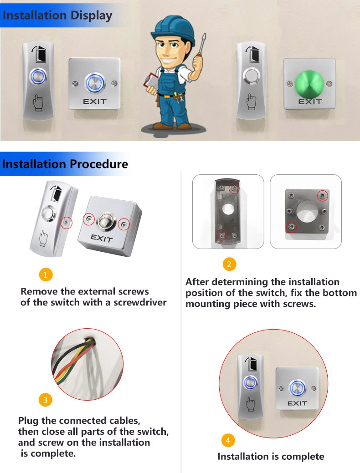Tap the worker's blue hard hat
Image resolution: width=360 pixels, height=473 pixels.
[x=173, y=29]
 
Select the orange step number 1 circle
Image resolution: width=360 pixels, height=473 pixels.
[x=46, y=275]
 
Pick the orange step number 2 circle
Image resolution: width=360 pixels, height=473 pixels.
[x=229, y=264]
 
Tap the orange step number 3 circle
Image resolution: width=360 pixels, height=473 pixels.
[x=45, y=400]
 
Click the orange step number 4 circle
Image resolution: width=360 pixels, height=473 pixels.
[x=228, y=440]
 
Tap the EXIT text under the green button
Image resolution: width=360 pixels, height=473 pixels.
[x=310, y=102]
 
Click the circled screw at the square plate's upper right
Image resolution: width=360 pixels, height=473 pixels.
[x=323, y=196]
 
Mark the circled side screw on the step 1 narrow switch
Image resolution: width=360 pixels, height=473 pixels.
[x=67, y=223]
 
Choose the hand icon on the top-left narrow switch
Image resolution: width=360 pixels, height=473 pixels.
[x=38, y=102]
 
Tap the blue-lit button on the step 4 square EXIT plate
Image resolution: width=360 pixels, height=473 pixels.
[x=298, y=388]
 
